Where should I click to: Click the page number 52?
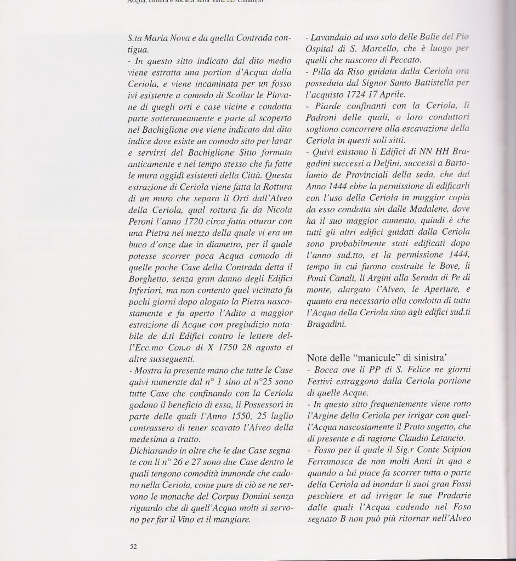pyautogui.click(x=133, y=546)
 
